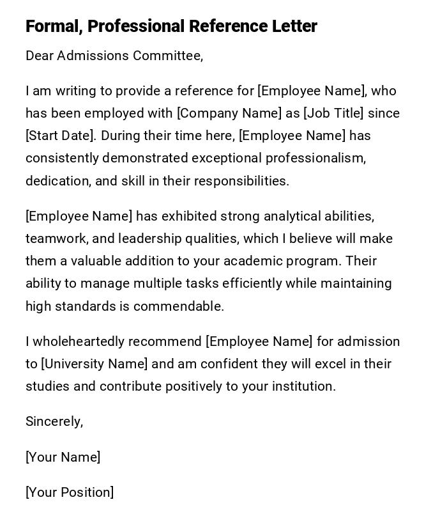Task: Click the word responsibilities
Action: coord(241,181)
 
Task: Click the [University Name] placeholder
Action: coord(95,364)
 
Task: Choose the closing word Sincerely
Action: coord(54,421)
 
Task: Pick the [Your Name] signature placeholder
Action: coord(63,457)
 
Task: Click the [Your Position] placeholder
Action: coord(70,492)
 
